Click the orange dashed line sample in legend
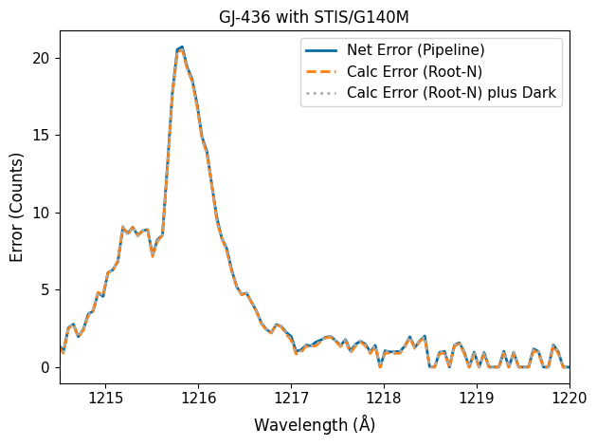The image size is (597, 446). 320,71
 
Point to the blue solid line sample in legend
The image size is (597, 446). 320,49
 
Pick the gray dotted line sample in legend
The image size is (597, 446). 320,92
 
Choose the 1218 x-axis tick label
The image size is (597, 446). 384,397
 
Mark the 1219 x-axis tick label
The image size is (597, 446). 477,397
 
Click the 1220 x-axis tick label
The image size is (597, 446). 569,397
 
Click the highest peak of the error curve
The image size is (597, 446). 181,47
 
